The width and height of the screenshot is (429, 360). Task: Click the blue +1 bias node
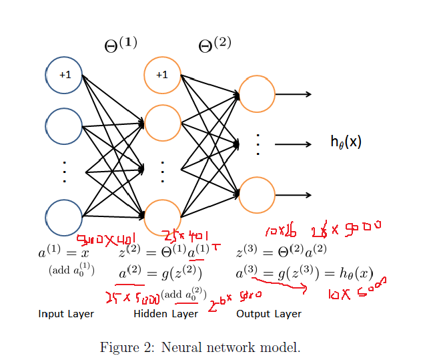[x=64, y=75]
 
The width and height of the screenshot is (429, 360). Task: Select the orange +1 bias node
[x=162, y=75]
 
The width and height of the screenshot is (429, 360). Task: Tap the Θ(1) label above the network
[x=121, y=45]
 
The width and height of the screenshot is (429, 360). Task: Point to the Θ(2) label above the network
[x=215, y=45]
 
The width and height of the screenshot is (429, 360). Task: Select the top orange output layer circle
[x=257, y=94]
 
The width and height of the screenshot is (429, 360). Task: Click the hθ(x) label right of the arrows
[x=346, y=142]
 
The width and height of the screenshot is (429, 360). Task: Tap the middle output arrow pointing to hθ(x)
[x=293, y=144]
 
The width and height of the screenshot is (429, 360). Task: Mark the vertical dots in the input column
[x=64, y=172]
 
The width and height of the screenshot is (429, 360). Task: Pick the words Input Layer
[x=66, y=314]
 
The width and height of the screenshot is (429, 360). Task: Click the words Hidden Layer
[x=166, y=314]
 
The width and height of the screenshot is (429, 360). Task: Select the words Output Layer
[x=269, y=314]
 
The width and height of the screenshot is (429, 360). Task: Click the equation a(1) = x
[x=63, y=253]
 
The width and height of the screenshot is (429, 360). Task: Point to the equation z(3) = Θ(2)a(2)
[x=280, y=253]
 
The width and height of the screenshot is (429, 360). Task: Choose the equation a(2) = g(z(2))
[x=160, y=273]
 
